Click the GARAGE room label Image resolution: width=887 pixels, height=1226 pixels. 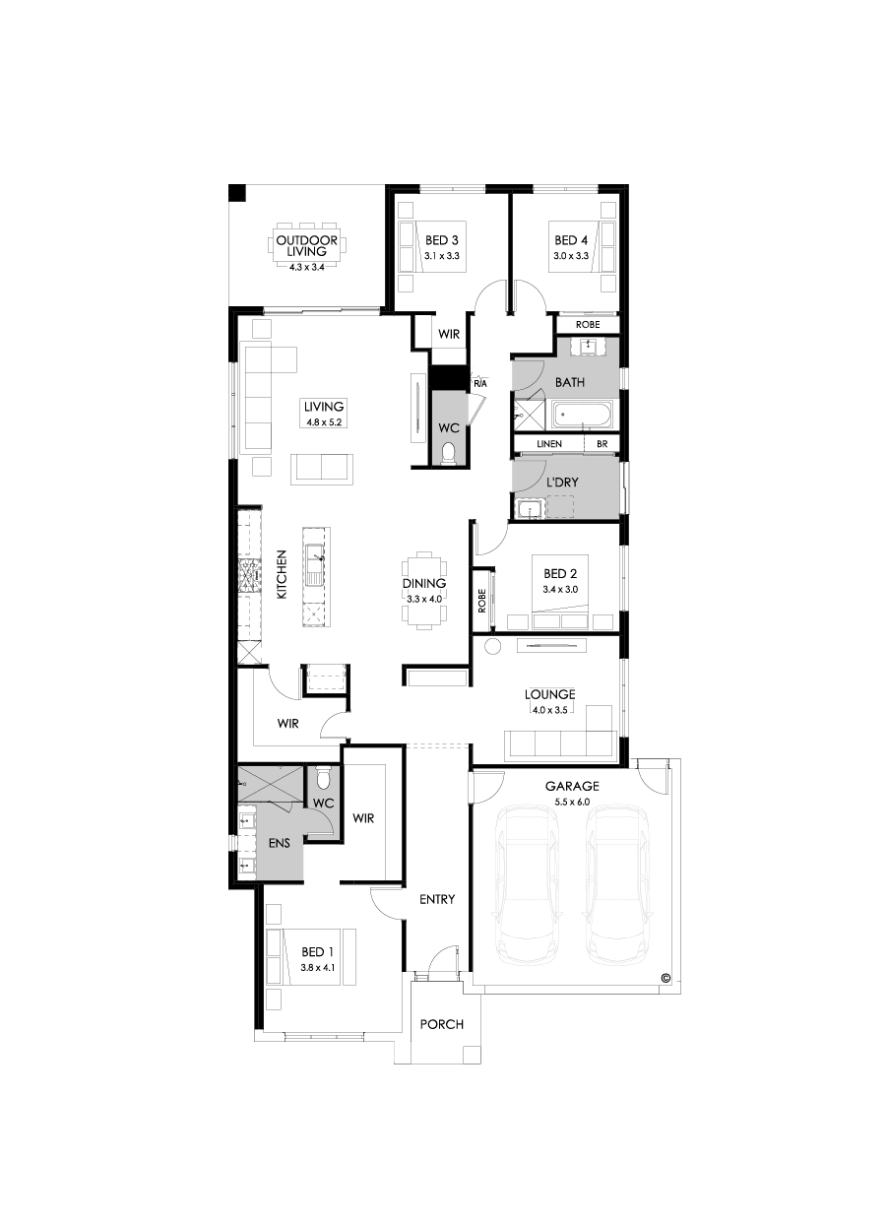tap(574, 786)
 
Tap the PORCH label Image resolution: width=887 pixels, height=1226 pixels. tap(441, 1024)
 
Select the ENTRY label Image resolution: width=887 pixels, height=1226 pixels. tap(436, 899)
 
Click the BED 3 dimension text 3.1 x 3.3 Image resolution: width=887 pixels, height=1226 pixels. tap(442, 255)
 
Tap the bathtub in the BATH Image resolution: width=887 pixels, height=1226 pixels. tap(582, 415)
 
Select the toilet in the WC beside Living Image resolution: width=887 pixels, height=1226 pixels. tap(449, 454)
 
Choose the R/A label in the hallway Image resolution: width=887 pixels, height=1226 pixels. tap(480, 382)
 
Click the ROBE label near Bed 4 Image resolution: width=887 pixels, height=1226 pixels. tap(588, 324)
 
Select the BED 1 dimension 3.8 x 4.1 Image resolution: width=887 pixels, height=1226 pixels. tap(317, 967)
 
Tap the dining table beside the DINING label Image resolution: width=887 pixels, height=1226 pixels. tap(423, 588)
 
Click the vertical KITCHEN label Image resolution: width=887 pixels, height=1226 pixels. tap(281, 575)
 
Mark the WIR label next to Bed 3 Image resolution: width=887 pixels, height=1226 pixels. tap(449, 335)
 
